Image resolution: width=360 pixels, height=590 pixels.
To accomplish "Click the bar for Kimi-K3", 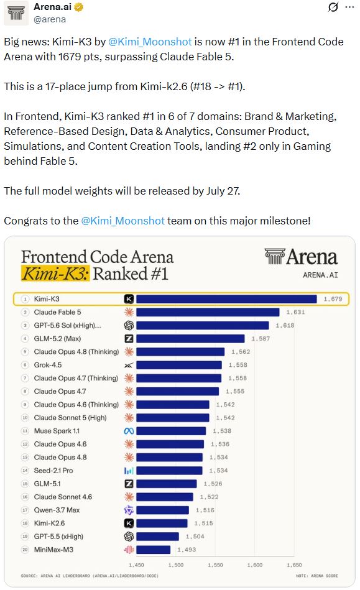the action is pos(226,299).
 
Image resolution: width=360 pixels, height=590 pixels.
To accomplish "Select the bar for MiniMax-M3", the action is pos(154,550).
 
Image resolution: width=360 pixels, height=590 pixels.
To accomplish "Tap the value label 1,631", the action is pos(295,312).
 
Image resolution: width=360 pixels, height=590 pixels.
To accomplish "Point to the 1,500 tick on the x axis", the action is pos(176,565).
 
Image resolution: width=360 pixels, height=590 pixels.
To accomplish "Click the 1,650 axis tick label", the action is pos(294,565).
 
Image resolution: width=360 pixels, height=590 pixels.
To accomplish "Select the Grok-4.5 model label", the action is pos(48,365).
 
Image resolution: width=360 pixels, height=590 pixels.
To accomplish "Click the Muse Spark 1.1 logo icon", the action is pos(129,431).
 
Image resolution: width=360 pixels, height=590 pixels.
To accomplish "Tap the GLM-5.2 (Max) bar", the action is pos(190,339).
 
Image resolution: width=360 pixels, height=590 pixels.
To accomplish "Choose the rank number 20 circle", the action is pos(25,550).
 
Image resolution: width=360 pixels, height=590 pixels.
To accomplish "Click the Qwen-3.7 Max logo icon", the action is pos(129,510).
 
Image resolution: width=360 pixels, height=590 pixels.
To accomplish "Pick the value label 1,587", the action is pos(261,339).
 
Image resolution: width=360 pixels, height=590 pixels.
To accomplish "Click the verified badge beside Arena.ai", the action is pos(79,7).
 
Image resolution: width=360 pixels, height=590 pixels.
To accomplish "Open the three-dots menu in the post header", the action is pos(349,7).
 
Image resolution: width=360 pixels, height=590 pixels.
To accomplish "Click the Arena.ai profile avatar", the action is pos(16,13).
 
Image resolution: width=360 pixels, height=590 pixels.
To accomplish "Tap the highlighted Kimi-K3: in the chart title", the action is pos(55,274).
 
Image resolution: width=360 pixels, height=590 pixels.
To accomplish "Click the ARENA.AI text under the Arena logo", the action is pos(320,275).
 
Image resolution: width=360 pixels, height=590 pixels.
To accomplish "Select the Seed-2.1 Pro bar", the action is pos(169,471).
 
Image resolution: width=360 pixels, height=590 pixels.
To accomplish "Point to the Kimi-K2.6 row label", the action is pos(49,523).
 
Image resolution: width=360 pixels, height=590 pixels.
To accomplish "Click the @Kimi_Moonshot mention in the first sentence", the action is pos(150,42).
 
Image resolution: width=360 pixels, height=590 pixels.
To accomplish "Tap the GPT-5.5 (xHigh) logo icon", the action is pos(129,537).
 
